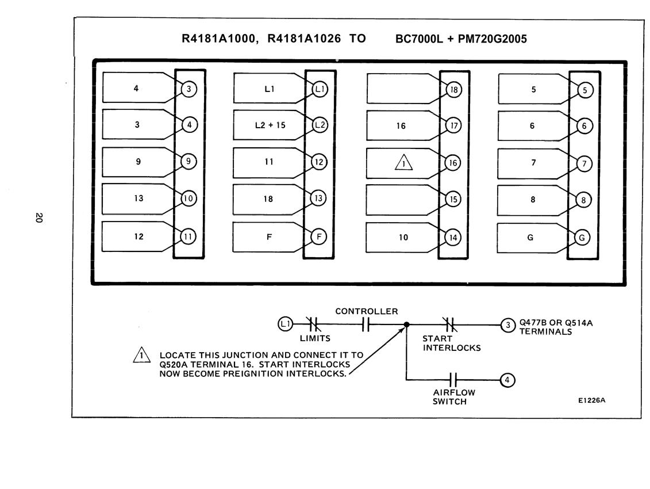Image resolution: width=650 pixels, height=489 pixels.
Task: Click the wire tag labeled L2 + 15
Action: (x=270, y=125)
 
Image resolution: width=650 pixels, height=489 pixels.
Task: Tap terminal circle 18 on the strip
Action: (x=454, y=90)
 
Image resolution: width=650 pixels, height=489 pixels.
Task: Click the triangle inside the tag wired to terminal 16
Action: (x=403, y=163)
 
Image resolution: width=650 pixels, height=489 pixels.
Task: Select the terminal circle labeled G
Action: (x=582, y=238)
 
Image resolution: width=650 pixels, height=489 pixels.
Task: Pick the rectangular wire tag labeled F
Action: (x=270, y=237)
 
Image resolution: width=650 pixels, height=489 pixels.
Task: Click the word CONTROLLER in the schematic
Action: (x=367, y=311)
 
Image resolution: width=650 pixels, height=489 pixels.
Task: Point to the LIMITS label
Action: (x=315, y=338)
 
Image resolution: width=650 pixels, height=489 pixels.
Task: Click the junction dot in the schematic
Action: (x=407, y=324)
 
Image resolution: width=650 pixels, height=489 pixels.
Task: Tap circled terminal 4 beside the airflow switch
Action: (x=507, y=380)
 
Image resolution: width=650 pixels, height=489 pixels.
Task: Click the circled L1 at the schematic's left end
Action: (x=285, y=324)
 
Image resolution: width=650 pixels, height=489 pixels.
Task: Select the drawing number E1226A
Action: (x=591, y=400)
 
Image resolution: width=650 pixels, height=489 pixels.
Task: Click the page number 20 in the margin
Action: (x=39, y=217)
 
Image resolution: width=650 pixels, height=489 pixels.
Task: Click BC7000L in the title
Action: (x=419, y=39)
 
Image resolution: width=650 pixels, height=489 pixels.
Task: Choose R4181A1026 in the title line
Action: (x=304, y=39)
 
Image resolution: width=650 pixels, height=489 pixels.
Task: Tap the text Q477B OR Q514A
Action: (x=556, y=323)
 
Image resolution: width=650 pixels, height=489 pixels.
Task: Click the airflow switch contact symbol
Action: (x=453, y=380)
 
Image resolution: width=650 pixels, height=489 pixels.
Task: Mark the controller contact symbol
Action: (x=365, y=324)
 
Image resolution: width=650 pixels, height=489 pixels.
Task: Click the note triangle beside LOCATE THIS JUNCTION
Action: (x=142, y=355)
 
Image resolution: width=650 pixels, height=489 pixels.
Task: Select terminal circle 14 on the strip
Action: (x=453, y=238)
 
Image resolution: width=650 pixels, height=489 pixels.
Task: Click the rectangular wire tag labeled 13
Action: (x=139, y=198)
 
